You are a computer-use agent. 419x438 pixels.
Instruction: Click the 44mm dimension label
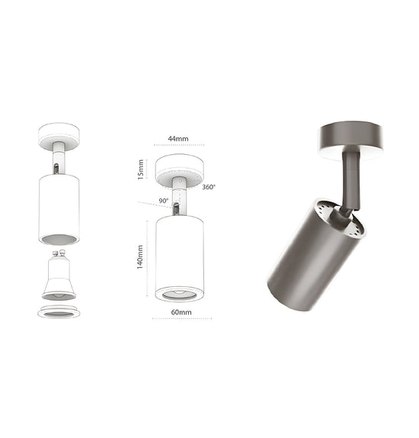coord(177,139)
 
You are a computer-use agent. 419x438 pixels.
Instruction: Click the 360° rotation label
coord(209,187)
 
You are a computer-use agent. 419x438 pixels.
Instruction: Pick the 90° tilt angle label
coord(163,201)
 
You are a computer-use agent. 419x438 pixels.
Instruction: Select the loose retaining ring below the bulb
coord(58,311)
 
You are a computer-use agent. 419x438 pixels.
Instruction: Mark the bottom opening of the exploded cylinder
coord(58,239)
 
